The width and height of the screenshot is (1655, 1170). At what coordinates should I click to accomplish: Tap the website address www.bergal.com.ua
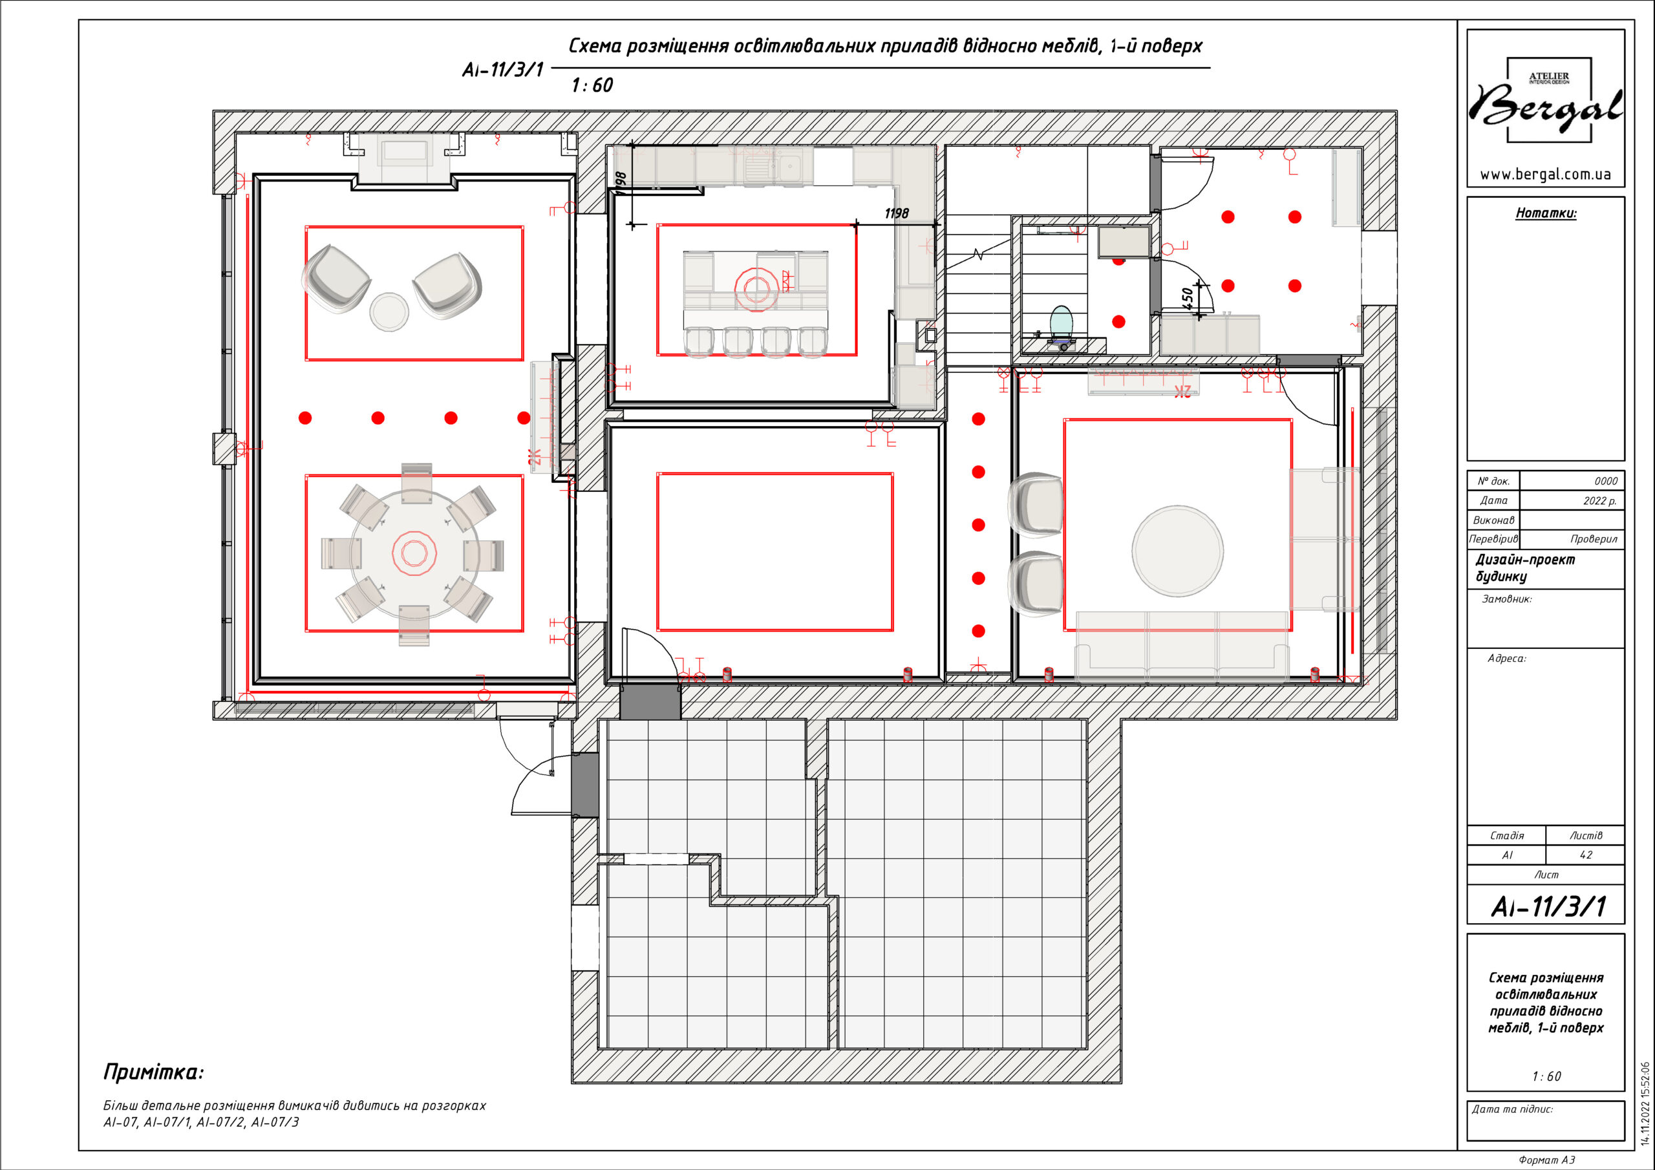pos(1544,175)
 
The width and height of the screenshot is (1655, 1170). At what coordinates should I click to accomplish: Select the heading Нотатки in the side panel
pos(1546,213)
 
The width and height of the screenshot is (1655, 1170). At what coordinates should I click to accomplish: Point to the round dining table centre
pos(414,553)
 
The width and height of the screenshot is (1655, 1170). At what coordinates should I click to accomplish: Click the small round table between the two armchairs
pos(389,312)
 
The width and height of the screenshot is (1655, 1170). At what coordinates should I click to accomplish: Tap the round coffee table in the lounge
pos(1177,551)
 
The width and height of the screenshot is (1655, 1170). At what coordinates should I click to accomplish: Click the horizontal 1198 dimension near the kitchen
pos(896,213)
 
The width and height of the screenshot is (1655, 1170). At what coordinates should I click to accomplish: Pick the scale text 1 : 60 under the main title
pos(592,85)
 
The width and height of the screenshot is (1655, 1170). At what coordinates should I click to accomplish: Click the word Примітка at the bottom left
pos(153,1072)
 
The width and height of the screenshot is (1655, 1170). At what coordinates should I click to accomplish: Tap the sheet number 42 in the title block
pos(1586,855)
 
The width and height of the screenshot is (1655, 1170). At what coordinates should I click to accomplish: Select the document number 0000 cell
pos(1606,481)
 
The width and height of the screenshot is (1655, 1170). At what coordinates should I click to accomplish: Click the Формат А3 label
pos(1547,1160)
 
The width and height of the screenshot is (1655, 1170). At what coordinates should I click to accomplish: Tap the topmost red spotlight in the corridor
pos(978,419)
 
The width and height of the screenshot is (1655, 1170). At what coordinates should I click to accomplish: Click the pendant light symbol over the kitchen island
pos(756,290)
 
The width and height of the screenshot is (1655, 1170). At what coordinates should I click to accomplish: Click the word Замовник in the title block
pos(1506,599)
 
